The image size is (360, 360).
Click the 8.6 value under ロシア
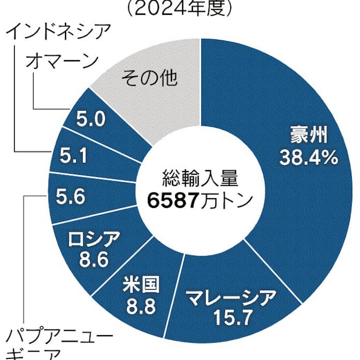(94, 259)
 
